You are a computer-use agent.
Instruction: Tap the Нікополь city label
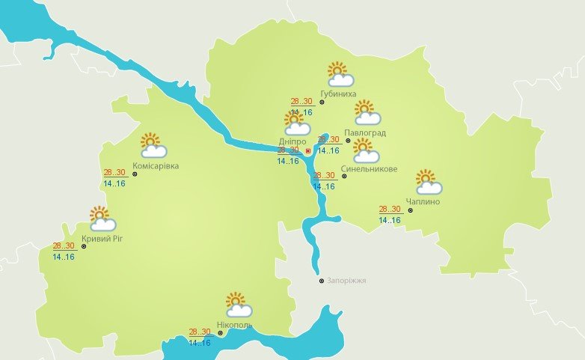234,326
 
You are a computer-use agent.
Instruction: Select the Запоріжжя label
347,281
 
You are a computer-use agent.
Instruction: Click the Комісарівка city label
155,165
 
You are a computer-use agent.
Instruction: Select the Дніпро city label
292,141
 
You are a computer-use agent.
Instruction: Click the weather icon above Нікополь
239,305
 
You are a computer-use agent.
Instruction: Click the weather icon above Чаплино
429,183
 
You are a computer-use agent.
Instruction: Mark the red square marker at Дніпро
308,150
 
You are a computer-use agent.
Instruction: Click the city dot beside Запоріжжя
322,281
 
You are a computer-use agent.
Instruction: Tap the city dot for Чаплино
411,210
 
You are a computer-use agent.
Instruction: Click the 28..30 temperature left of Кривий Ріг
64,245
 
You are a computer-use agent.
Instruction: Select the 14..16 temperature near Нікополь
200,343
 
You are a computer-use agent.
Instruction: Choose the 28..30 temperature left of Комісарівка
114,173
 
